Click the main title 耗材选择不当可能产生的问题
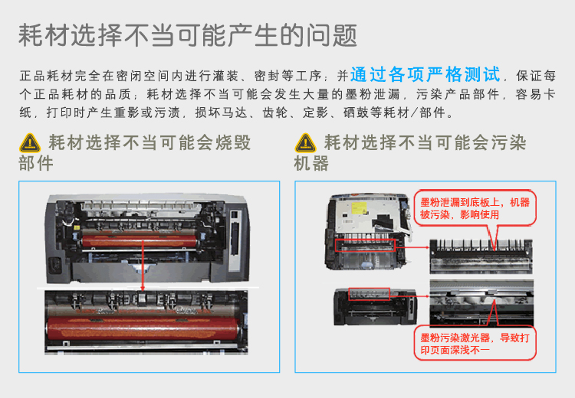[188, 35]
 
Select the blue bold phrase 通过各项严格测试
[425, 75]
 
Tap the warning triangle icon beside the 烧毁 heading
[30, 142]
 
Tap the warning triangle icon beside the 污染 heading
[306, 142]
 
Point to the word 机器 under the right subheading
[311, 164]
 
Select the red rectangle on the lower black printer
[369, 293]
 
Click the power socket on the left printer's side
[54, 266]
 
